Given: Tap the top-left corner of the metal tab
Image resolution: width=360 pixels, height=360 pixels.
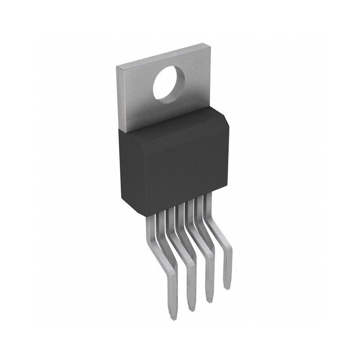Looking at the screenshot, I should tap(117, 67).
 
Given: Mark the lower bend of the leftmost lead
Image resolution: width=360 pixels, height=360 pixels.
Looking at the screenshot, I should tap(166, 270).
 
